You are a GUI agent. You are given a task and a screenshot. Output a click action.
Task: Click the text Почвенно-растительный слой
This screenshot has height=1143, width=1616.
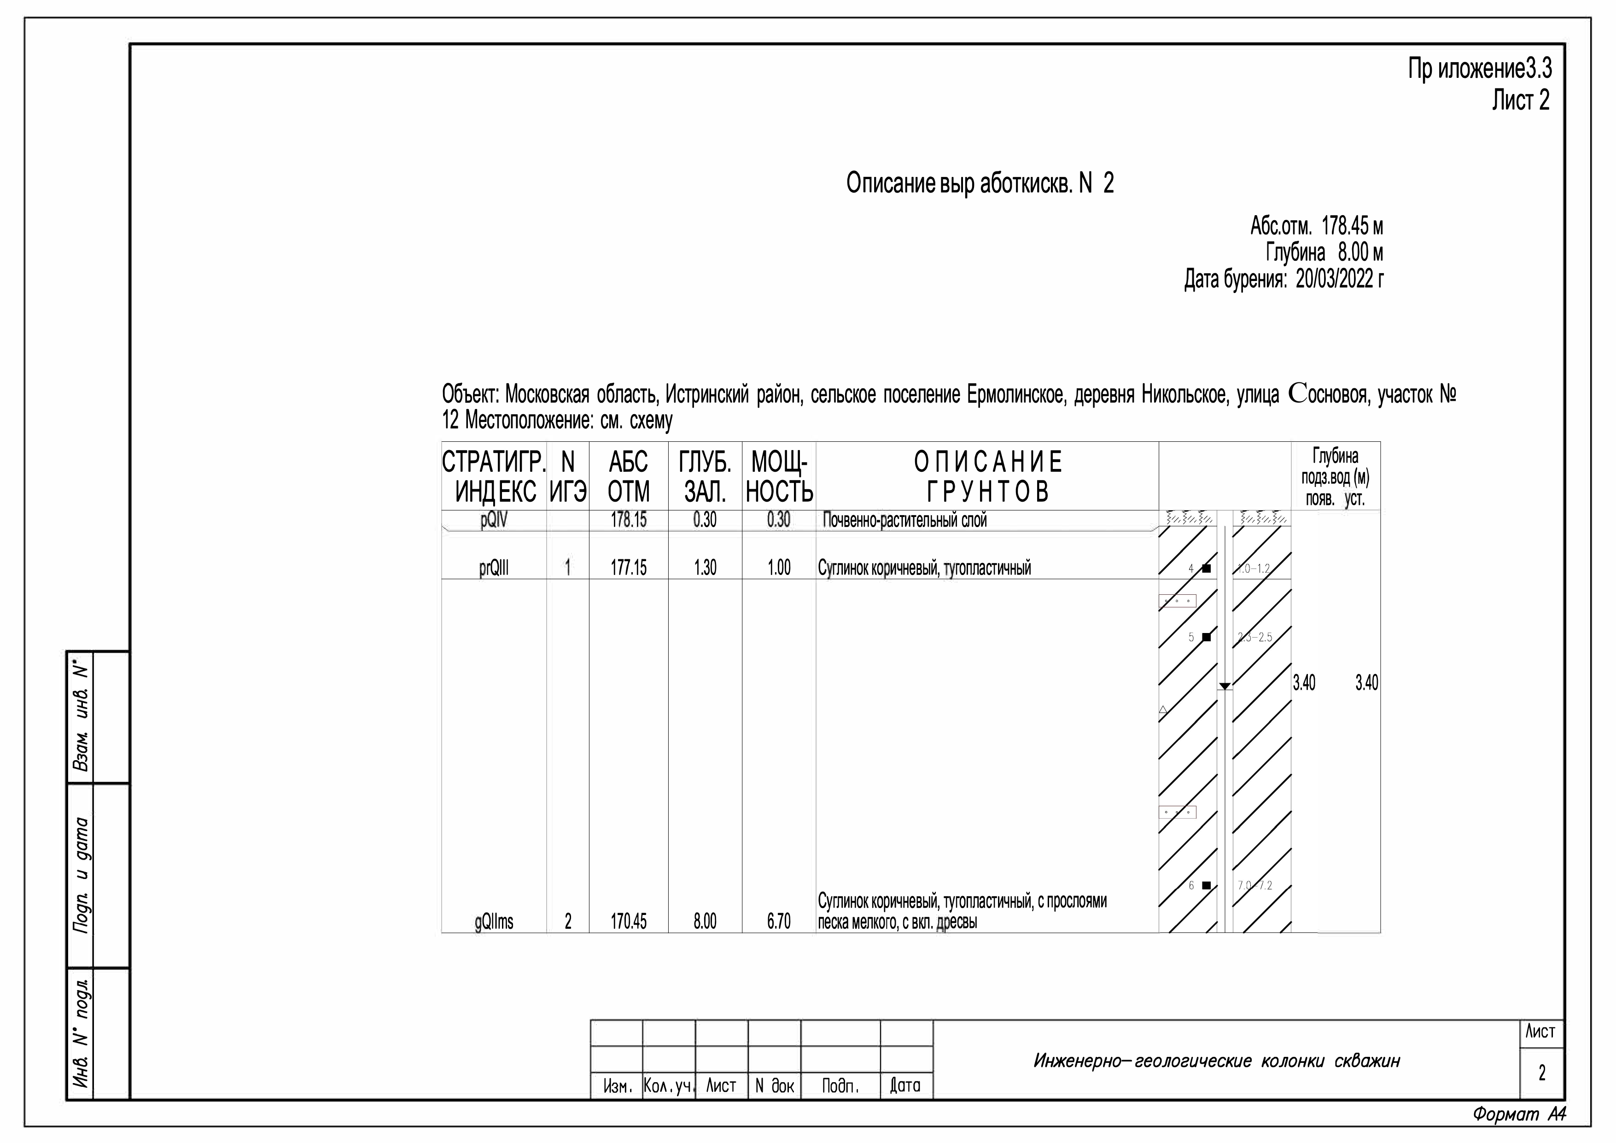(x=904, y=521)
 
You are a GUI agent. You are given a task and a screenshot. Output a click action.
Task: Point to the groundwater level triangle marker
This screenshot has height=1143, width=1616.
(x=1225, y=685)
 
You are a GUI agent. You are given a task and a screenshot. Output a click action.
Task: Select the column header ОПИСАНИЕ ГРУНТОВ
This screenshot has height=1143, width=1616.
(x=987, y=477)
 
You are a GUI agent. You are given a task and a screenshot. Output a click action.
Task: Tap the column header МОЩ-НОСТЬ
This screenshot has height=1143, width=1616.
(x=779, y=477)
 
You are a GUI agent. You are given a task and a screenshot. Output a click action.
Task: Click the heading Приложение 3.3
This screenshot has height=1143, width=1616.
(x=1480, y=70)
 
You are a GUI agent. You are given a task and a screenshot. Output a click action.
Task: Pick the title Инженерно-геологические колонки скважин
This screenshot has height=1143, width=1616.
(x=1216, y=1061)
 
